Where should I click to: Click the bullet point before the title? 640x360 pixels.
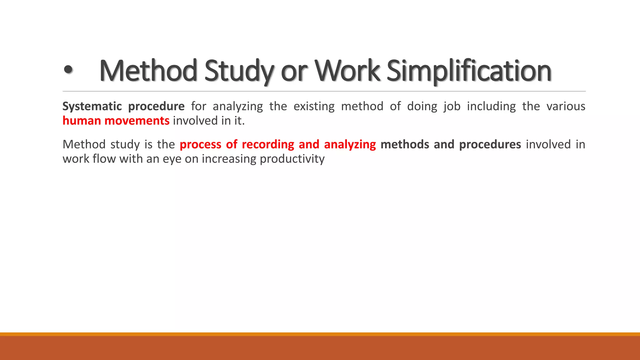point(68,71)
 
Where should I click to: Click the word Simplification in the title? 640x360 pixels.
point(469,71)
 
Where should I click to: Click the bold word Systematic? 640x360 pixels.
point(92,107)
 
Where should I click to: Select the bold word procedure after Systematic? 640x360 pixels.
point(156,107)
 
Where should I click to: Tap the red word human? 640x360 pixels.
point(82,121)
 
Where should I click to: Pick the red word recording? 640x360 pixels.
point(268,144)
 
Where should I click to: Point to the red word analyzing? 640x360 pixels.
point(350,144)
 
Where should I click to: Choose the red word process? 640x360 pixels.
point(200,144)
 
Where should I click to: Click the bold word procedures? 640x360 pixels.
point(490,144)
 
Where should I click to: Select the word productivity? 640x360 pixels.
point(292,159)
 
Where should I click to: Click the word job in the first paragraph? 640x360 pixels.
point(452,107)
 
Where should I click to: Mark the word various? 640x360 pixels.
point(566,106)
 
